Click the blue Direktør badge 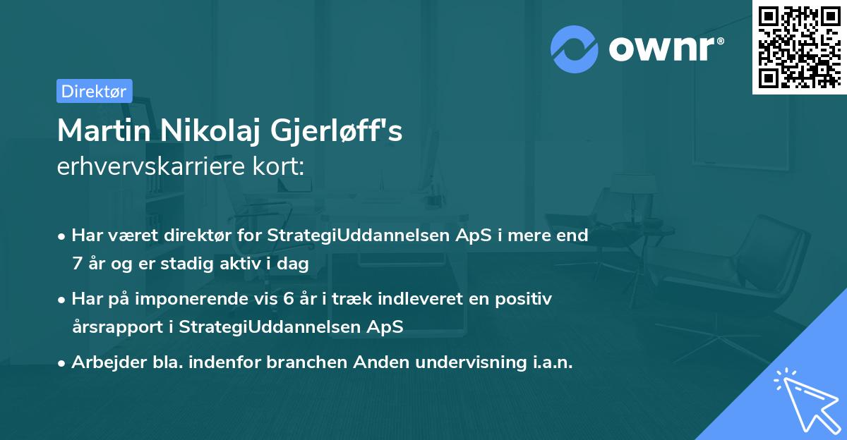[x=94, y=91]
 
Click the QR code [x=799, y=47]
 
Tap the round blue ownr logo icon [x=575, y=49]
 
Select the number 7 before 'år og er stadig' [x=77, y=264]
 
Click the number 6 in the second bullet [x=288, y=299]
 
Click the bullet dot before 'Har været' [x=63, y=236]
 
